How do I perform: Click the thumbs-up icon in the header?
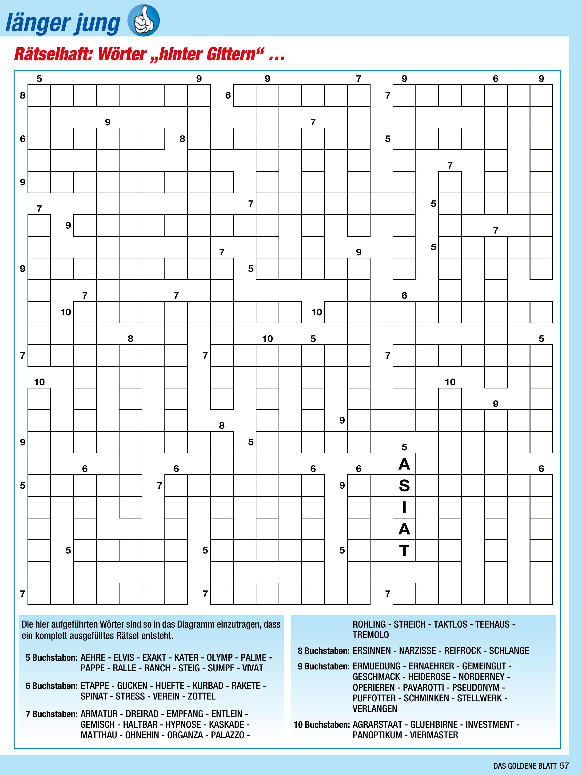click(x=144, y=20)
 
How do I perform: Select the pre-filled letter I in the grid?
click(x=404, y=507)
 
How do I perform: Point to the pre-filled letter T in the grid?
click(x=404, y=551)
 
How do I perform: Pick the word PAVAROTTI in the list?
click(x=423, y=687)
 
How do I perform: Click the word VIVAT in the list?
click(x=252, y=668)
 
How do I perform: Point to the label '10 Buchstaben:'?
click(x=322, y=724)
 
